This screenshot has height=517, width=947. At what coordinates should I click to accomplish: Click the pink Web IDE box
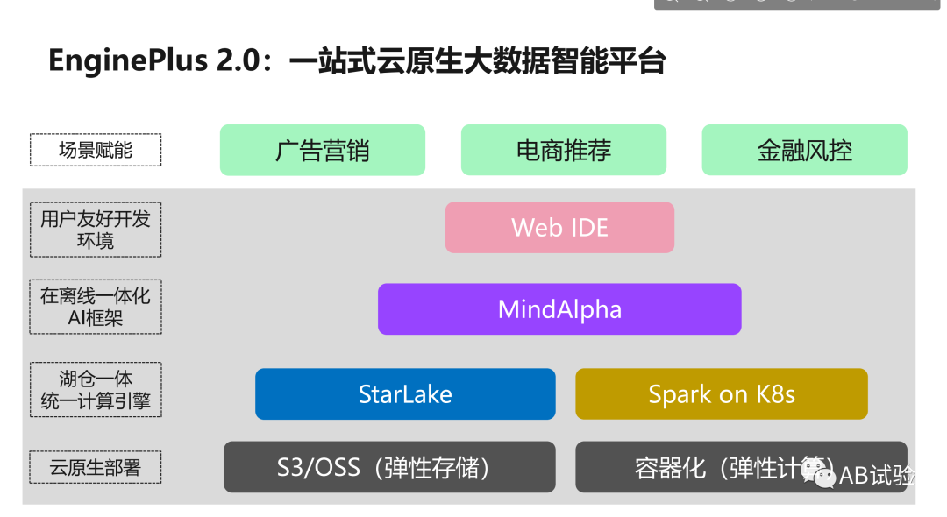click(559, 228)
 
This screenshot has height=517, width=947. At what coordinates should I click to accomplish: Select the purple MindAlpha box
click(559, 308)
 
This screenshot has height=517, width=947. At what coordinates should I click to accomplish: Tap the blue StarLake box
click(405, 393)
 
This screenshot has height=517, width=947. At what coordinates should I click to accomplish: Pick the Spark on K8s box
click(721, 393)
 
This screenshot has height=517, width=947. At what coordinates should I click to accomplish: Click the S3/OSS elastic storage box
click(389, 466)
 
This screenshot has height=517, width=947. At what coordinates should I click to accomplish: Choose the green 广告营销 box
click(323, 150)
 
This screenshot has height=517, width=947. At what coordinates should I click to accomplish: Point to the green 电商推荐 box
click(564, 150)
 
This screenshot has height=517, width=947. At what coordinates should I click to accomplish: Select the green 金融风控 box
click(804, 150)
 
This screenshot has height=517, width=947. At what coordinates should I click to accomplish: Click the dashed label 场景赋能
click(96, 150)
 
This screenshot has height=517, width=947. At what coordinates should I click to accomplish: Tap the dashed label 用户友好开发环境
click(96, 229)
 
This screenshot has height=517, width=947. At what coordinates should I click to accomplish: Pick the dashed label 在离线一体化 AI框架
click(96, 307)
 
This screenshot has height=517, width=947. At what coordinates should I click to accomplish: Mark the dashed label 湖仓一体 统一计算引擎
click(96, 390)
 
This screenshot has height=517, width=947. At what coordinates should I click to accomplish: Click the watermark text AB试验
click(877, 475)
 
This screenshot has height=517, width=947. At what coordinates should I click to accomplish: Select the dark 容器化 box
click(701, 466)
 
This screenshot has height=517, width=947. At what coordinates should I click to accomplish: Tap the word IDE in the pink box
click(587, 228)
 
